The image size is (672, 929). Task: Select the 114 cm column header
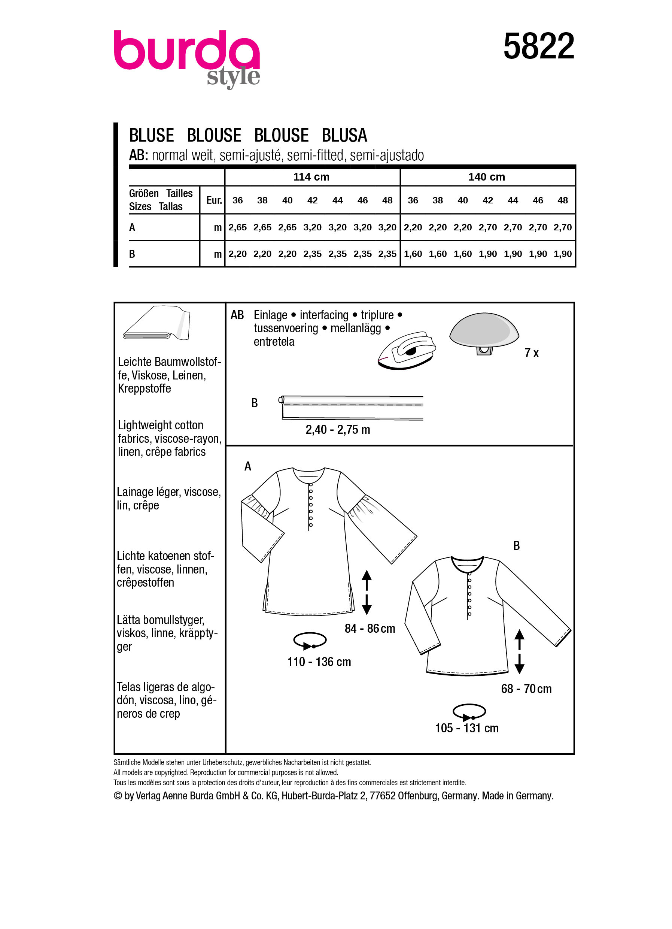coord(311,177)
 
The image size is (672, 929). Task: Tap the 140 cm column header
coord(486,177)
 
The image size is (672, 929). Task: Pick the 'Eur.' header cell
coord(214,200)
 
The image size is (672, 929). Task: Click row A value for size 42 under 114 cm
coord(312,227)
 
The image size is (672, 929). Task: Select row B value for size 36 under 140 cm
coord(413,254)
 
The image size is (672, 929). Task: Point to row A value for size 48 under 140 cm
coord(562,227)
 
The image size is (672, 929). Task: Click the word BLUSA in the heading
coord(344,136)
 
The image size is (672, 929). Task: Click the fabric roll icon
coord(157,323)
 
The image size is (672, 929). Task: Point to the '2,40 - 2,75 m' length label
coord(338,430)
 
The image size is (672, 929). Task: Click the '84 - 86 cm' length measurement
coord(370,628)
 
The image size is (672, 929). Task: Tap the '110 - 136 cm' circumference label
coord(319,662)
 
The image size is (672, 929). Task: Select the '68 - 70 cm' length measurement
coord(526,689)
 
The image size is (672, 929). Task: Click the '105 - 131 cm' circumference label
coord(466,728)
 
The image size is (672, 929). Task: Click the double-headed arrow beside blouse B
coord(519,651)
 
